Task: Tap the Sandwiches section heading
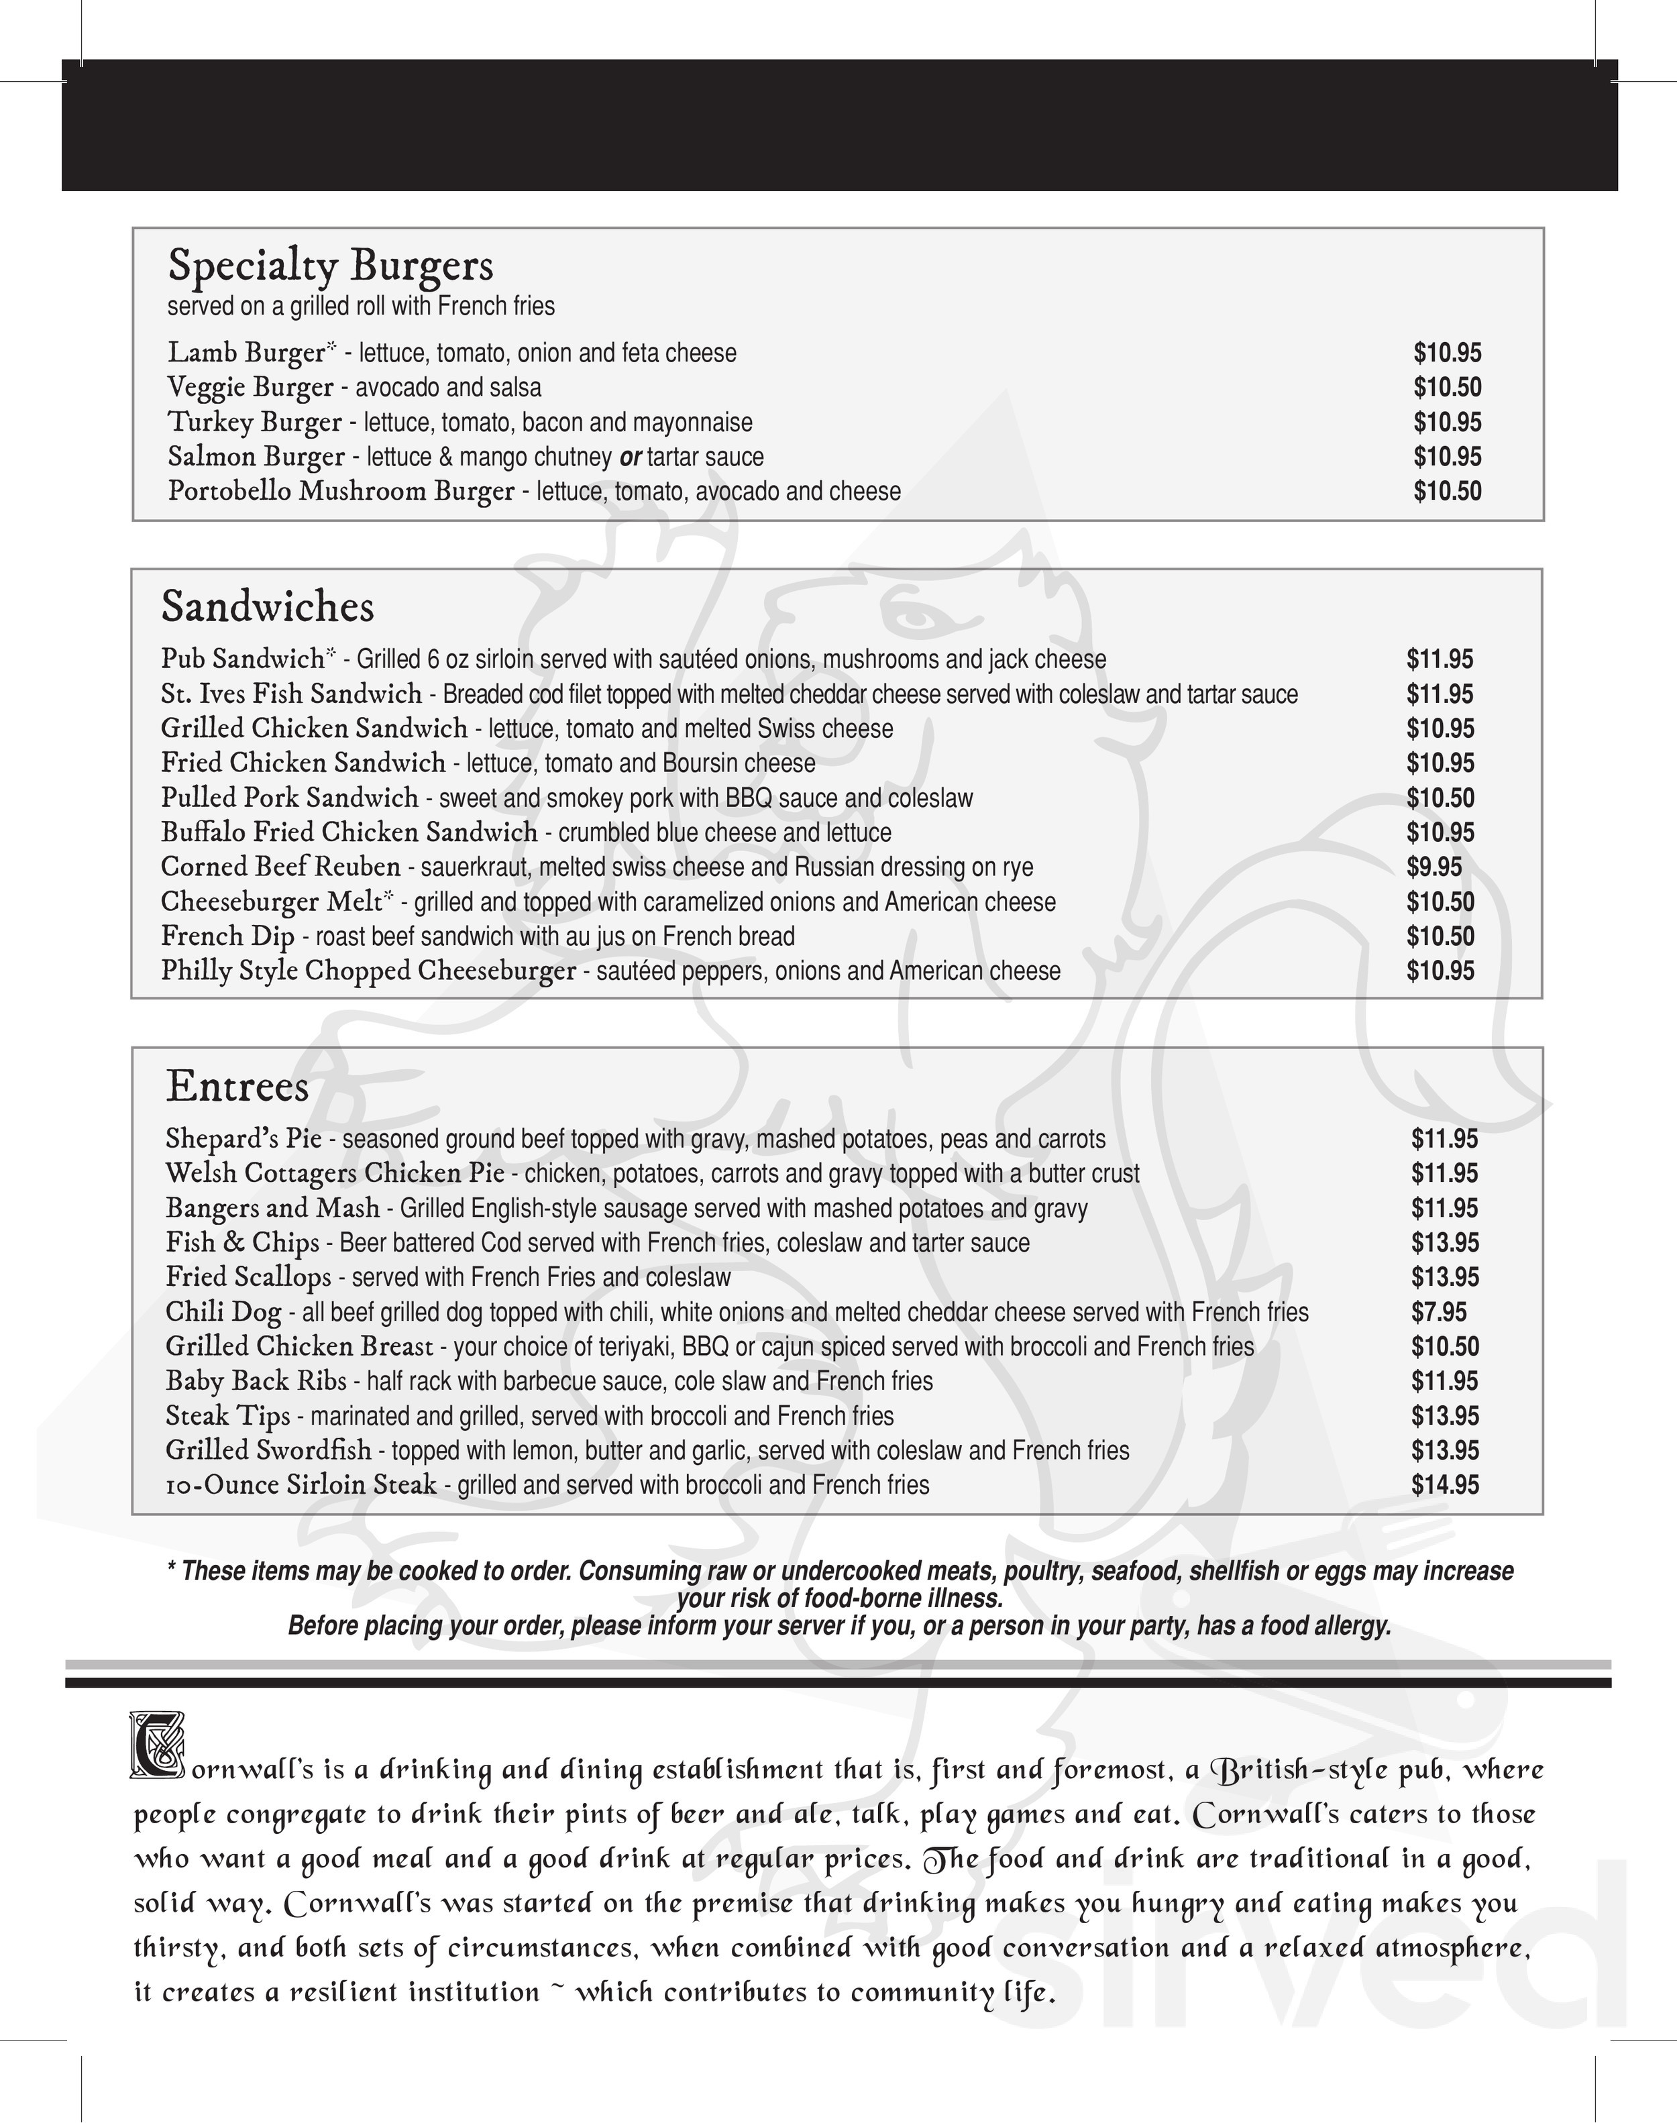(x=267, y=607)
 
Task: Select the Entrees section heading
(x=237, y=1086)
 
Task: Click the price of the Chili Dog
(x=1438, y=1312)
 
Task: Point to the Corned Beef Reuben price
(x=1433, y=867)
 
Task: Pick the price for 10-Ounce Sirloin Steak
(x=1444, y=1484)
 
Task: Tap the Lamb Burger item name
(x=246, y=353)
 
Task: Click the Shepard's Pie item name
(x=244, y=1139)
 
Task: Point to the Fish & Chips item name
(x=243, y=1243)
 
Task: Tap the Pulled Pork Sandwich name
(x=290, y=798)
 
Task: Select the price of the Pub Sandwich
(x=1440, y=660)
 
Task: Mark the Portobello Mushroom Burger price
(x=1447, y=492)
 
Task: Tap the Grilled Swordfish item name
(x=268, y=1450)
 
